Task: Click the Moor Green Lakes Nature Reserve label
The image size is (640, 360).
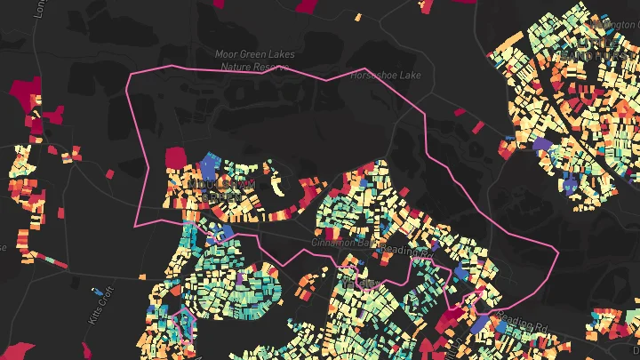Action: point(253,60)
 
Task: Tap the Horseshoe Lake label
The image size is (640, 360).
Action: point(387,76)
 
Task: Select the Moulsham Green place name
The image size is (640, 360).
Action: point(222,188)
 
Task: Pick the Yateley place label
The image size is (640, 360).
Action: point(366,283)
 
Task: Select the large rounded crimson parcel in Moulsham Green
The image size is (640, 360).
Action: point(183,157)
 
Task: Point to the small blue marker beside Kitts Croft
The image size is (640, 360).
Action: point(97,291)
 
